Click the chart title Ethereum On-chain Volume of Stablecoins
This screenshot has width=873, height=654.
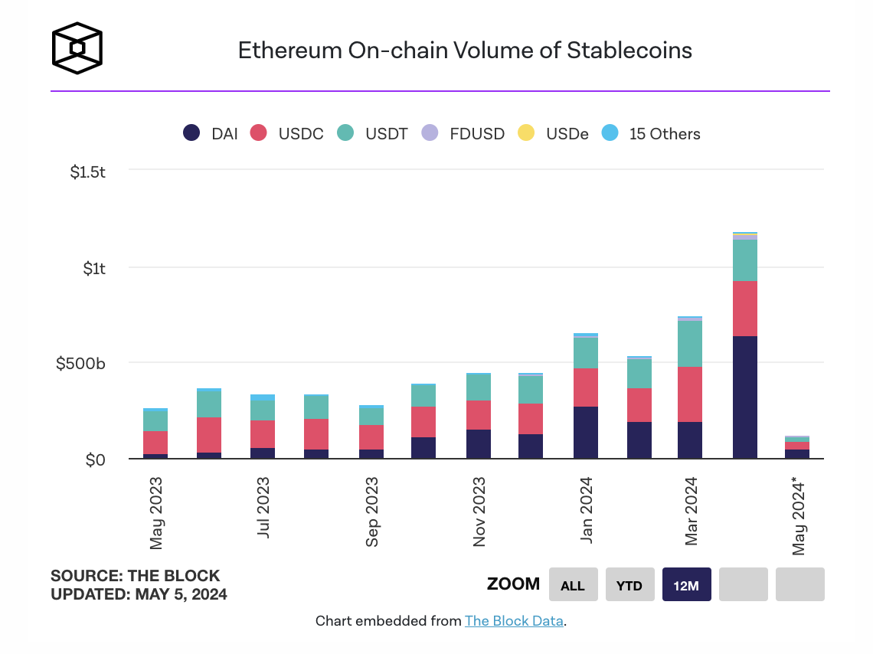tap(465, 51)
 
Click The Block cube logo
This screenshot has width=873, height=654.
tap(77, 49)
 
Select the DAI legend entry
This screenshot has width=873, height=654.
tap(211, 133)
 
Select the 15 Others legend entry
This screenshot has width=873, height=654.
tap(652, 133)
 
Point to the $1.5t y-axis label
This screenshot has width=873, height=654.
tap(87, 172)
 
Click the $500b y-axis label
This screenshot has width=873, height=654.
tap(80, 363)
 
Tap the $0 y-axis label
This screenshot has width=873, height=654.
tap(95, 460)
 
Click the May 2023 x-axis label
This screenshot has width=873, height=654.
tap(156, 512)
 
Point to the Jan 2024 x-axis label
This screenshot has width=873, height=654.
tap(587, 509)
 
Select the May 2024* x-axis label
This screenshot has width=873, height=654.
tap(799, 515)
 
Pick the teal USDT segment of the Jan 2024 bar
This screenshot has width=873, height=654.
tap(586, 352)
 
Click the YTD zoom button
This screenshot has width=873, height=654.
tap(629, 585)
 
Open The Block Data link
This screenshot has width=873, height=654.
tap(514, 621)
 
